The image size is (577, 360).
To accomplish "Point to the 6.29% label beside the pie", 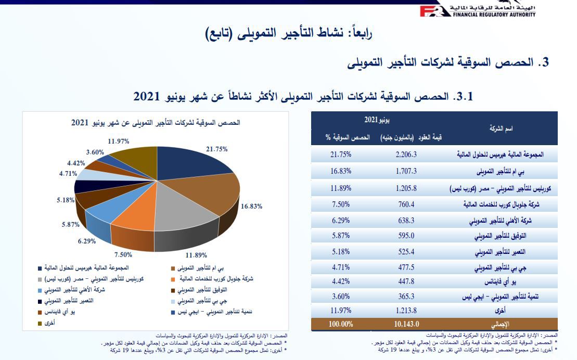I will [x=88, y=241].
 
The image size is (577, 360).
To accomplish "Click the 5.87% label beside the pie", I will [x=70, y=224].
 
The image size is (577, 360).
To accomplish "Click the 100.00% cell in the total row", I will [x=340, y=323].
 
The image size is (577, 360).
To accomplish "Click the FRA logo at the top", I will [x=432, y=10].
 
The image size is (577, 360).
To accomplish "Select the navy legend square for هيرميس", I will [x=40, y=268].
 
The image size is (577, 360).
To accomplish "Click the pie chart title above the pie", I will [x=156, y=123].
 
